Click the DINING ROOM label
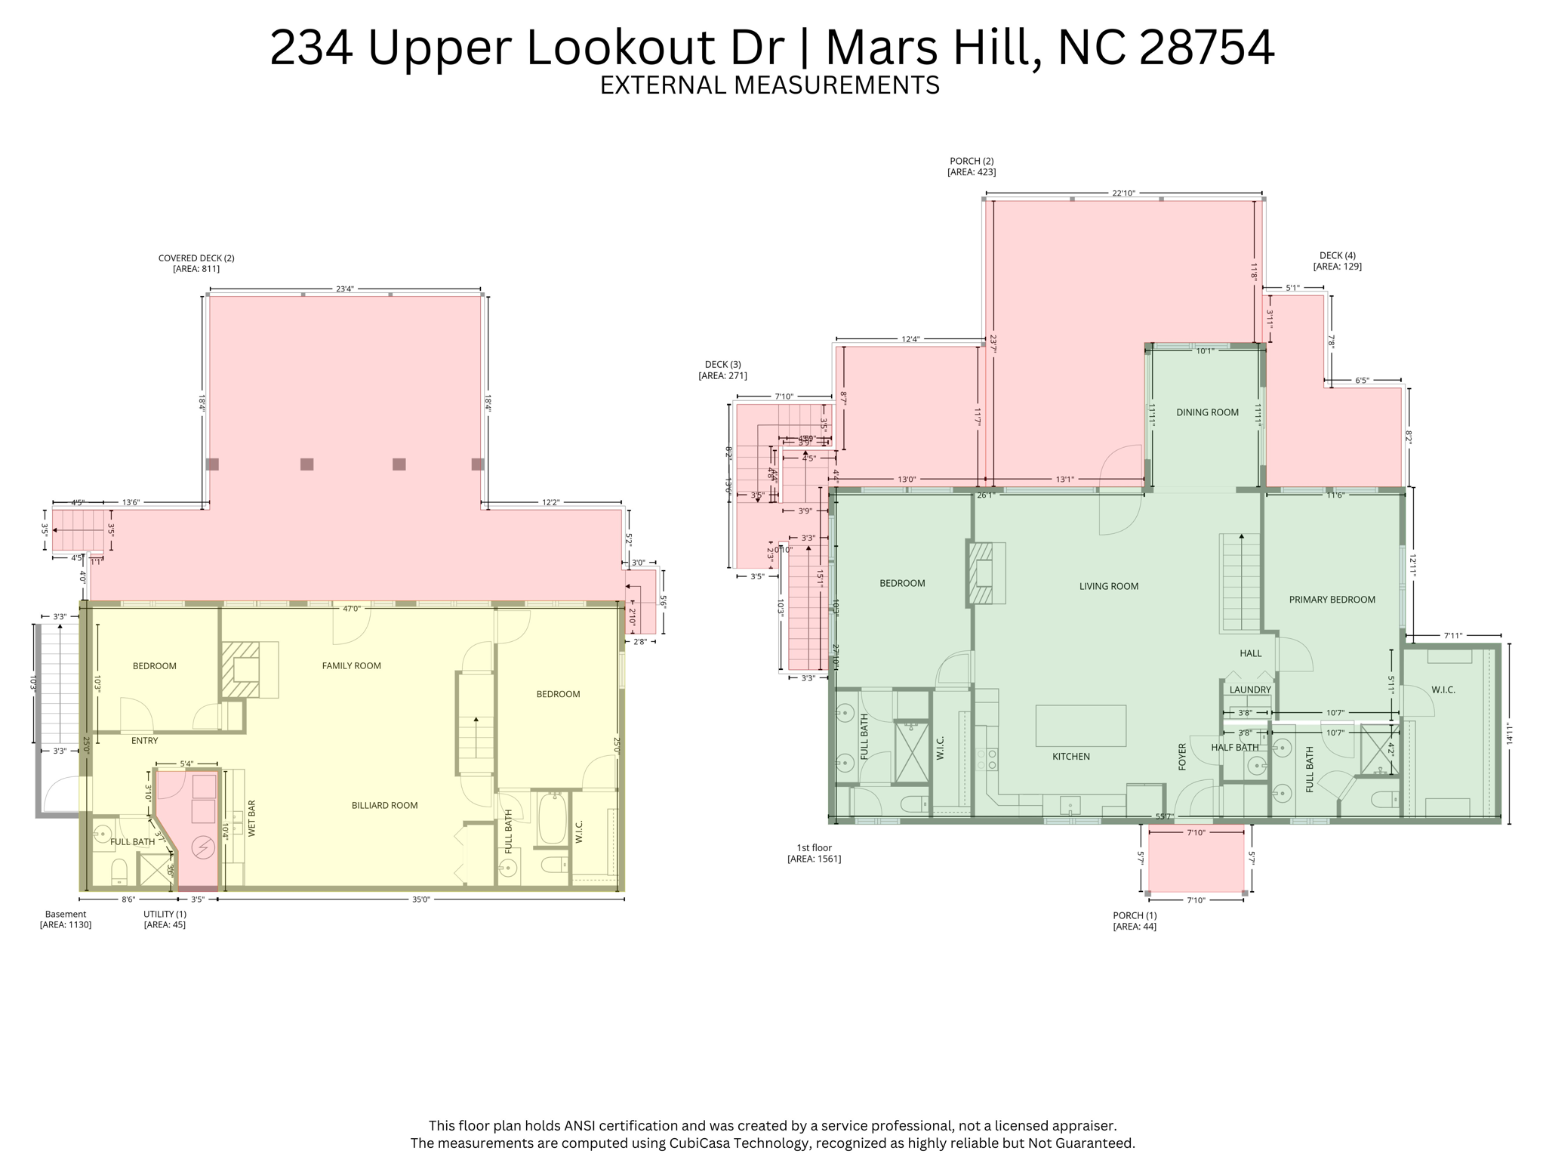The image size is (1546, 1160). tap(1207, 412)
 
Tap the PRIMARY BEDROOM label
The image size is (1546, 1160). tap(1332, 600)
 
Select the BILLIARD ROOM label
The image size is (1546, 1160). tap(384, 805)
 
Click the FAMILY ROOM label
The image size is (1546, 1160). tap(351, 665)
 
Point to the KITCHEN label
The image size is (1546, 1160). tap(1070, 756)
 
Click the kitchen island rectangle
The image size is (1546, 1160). tap(1080, 726)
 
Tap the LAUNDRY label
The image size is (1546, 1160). tap(1250, 690)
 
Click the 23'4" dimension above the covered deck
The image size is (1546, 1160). tap(344, 289)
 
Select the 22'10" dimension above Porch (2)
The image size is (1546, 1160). tap(1123, 193)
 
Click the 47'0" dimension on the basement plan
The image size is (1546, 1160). tap(352, 608)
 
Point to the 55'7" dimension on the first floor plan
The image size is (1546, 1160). tap(1164, 816)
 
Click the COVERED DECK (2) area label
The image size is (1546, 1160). tap(196, 263)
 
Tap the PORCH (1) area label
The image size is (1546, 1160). tap(1135, 921)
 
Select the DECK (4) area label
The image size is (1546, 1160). tap(1337, 261)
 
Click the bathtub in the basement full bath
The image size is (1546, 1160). tap(553, 819)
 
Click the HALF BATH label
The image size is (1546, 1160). tap(1234, 748)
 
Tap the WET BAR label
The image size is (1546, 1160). tap(252, 819)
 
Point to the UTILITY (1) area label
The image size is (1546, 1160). tap(165, 919)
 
